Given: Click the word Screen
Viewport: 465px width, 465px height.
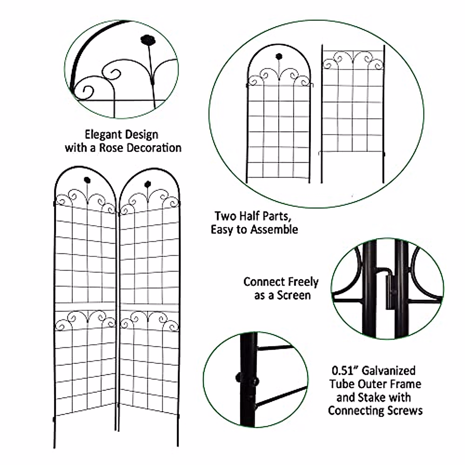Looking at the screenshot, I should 293,295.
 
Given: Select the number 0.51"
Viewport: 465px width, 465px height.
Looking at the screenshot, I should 344,371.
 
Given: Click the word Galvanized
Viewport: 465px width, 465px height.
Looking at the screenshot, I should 389,371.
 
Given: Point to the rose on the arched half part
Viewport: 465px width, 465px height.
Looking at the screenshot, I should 279,56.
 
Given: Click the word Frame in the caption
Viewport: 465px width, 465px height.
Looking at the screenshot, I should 405,384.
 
